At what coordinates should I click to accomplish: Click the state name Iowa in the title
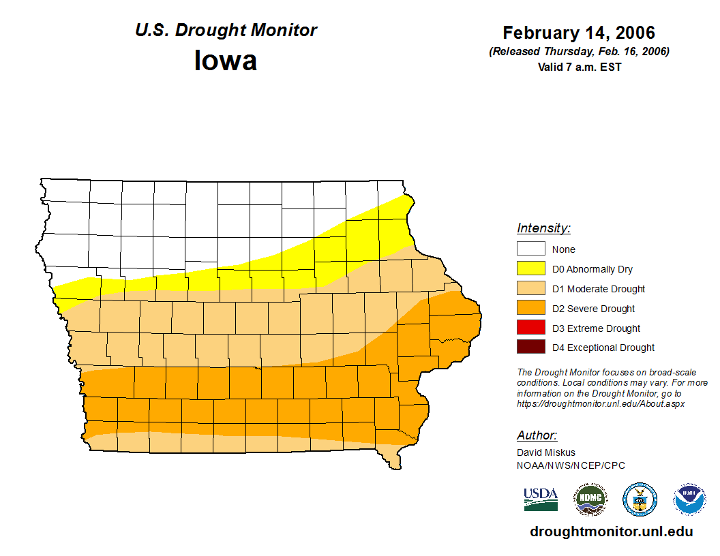point(226,61)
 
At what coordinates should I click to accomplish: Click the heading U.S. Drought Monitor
point(226,30)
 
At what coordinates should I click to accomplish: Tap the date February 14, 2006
point(579,33)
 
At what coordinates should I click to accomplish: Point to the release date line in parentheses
point(579,52)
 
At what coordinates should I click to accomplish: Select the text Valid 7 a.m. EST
point(579,67)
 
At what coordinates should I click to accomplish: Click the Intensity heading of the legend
point(543,228)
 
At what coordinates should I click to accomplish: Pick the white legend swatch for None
point(530,249)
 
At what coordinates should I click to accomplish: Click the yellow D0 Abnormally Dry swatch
point(530,269)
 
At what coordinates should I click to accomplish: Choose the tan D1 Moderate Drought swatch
point(530,289)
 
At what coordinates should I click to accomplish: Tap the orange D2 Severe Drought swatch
point(530,309)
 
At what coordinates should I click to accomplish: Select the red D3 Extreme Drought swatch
point(530,328)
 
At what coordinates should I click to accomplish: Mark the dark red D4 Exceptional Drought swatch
point(530,347)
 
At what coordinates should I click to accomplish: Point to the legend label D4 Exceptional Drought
point(603,347)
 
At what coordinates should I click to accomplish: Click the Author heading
point(537,435)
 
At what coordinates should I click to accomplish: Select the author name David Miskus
point(545,452)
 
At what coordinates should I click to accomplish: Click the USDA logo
point(541,499)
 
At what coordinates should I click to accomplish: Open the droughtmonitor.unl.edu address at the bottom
point(611,532)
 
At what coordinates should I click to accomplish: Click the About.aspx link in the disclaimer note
point(600,403)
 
